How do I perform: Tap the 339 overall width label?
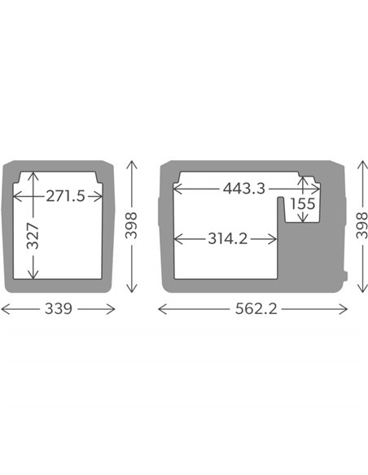tap(59, 309)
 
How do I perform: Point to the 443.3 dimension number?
tap(243, 189)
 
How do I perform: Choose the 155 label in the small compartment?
tap(302, 204)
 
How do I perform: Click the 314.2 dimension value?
tap(229, 239)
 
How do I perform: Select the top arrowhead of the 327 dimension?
tap(32, 173)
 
